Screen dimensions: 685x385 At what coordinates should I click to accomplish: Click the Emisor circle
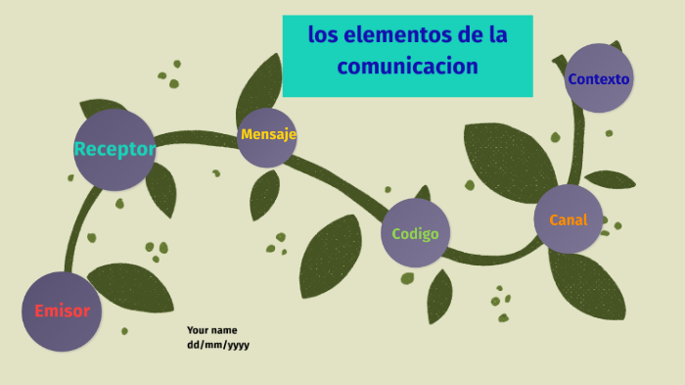(x=62, y=312)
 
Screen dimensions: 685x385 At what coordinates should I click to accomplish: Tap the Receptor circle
(x=114, y=149)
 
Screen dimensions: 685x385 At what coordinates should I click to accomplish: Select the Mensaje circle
(x=267, y=136)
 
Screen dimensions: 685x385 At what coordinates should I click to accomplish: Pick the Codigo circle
(x=415, y=233)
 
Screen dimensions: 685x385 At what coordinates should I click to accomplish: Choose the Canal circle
(x=569, y=219)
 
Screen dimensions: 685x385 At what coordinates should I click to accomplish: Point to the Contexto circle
(x=599, y=77)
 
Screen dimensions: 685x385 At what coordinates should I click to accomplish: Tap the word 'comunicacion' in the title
(x=408, y=67)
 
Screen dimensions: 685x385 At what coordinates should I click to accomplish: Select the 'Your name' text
(x=212, y=330)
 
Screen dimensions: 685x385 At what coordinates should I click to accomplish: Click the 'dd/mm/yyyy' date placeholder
(x=218, y=345)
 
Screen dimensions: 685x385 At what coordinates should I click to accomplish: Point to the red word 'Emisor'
(x=62, y=312)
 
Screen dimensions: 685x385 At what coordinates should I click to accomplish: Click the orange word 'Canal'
(x=569, y=220)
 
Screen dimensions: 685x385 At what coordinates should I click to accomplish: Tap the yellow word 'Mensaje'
(x=268, y=134)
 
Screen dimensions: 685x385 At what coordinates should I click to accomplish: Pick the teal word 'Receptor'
(x=114, y=149)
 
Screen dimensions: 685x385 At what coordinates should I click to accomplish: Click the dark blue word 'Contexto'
(x=599, y=78)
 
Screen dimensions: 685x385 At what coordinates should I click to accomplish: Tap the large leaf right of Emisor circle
(x=131, y=287)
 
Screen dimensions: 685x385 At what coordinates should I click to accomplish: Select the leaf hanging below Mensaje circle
(x=264, y=194)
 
